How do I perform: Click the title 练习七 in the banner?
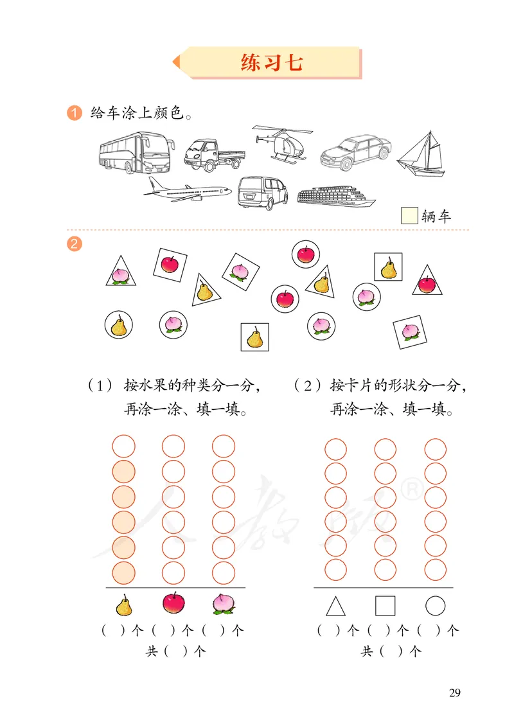pyautogui.click(x=271, y=62)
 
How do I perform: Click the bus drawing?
pyautogui.click(x=136, y=152)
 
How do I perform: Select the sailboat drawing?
pyautogui.click(x=421, y=155)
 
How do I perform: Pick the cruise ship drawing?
pyautogui.click(x=335, y=197)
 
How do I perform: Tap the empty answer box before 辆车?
pyautogui.click(x=409, y=216)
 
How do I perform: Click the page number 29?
pyautogui.click(x=454, y=693)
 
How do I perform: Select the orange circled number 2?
pyautogui.click(x=75, y=244)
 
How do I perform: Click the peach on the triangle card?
pyautogui.click(x=120, y=274)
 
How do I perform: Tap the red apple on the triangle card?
pyautogui.click(x=426, y=284)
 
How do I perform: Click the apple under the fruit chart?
pyautogui.click(x=173, y=603)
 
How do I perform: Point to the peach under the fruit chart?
pyautogui.click(x=224, y=604)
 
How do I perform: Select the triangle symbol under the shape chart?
pyautogui.click(x=335, y=606)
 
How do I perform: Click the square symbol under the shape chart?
pyautogui.click(x=385, y=606)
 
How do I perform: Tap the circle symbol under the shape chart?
pyautogui.click(x=435, y=606)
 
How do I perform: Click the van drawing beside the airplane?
pyautogui.click(x=263, y=192)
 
